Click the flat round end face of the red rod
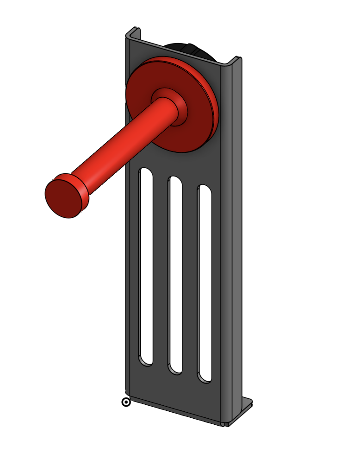point(63,199)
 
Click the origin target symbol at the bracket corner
point(126,402)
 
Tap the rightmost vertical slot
point(205,283)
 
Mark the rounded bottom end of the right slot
point(205,377)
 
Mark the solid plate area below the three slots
point(176,396)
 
